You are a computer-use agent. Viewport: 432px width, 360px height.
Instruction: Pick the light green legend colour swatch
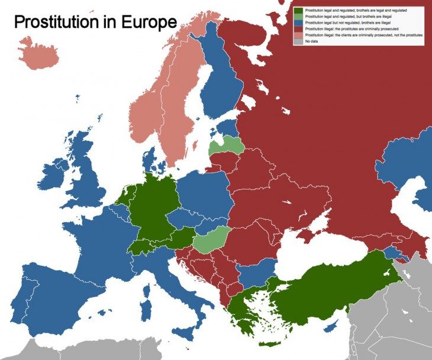299,17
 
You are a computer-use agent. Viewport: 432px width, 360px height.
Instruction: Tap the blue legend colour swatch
299,23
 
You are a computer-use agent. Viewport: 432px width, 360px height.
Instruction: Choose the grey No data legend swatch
299,41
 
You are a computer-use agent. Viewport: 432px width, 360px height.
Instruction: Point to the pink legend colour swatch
299,36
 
